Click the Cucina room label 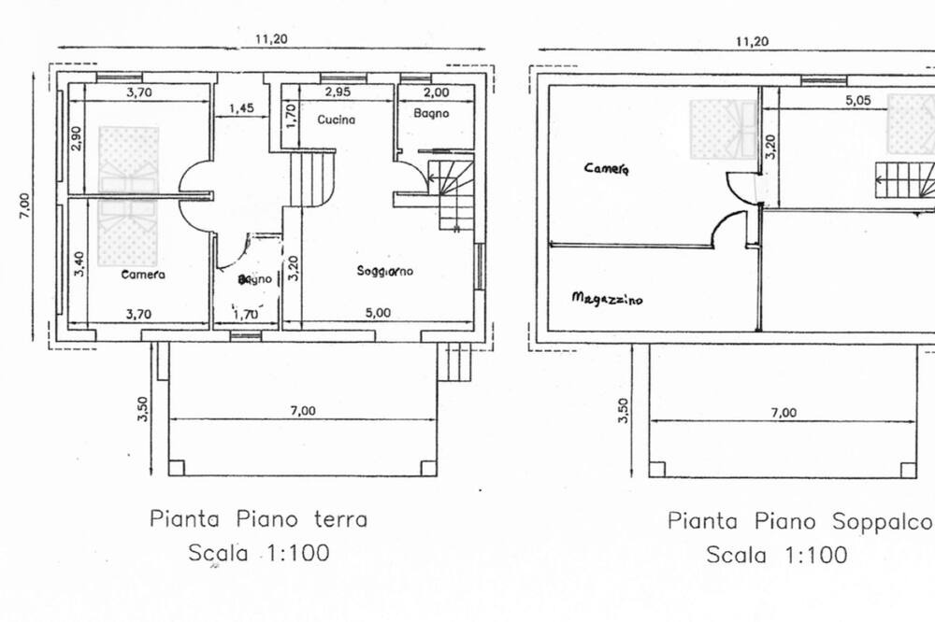click(x=336, y=120)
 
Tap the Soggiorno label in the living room click(x=384, y=271)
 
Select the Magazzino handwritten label click(x=607, y=298)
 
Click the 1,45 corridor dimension click(x=241, y=107)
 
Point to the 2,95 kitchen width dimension click(x=338, y=92)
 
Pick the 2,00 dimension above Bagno click(x=436, y=92)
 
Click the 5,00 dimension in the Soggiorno click(x=378, y=313)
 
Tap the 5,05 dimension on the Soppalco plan click(x=857, y=100)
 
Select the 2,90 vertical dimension click(x=77, y=138)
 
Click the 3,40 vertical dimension click(x=79, y=264)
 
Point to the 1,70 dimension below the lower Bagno click(x=245, y=314)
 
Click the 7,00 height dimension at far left click(x=24, y=205)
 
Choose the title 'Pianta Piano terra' click(x=258, y=518)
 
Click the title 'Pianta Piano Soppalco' click(x=799, y=521)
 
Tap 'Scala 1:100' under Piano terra click(x=259, y=552)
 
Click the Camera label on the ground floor click(x=143, y=275)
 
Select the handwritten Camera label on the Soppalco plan click(x=607, y=169)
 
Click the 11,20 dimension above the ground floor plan click(x=271, y=39)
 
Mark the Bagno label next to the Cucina click(x=431, y=113)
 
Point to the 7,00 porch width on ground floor click(x=303, y=411)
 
